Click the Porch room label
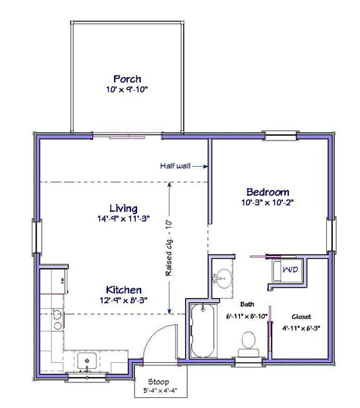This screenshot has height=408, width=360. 127,79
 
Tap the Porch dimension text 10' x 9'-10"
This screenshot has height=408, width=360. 127,90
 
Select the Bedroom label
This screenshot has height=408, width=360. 267,192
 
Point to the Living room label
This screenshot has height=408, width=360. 124,209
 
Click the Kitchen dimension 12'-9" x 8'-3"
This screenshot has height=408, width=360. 124,301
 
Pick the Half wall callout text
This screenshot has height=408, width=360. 175,165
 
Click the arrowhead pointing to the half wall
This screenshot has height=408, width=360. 206,167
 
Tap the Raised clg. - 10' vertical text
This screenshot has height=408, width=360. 169,248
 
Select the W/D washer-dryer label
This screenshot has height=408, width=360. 290,270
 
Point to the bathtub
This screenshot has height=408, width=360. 203,331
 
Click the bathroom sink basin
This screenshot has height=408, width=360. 223,278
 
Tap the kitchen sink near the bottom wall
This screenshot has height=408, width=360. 87,361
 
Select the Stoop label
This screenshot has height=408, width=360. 159,382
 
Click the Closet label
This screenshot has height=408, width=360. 301,317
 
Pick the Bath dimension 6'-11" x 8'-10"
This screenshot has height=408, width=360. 247,316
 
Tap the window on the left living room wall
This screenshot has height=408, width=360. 36,237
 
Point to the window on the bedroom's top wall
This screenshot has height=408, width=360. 280,136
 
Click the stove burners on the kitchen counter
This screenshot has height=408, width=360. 57,320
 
